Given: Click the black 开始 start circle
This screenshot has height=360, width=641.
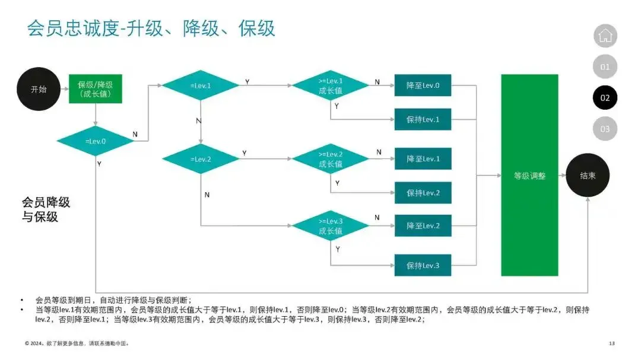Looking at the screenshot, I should pyautogui.click(x=39, y=89).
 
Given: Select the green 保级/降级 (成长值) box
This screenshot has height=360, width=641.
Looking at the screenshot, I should pyautogui.click(x=96, y=89).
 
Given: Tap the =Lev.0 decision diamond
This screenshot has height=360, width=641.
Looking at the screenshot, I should pyautogui.click(x=96, y=141).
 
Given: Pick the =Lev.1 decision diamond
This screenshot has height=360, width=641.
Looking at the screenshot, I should pyautogui.click(x=201, y=85).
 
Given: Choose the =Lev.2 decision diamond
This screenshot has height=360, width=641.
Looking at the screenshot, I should pyautogui.click(x=201, y=159).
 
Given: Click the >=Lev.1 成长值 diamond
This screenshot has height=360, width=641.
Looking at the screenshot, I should pyautogui.click(x=331, y=86).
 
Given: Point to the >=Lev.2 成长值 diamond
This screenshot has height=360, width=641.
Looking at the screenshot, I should pyautogui.click(x=331, y=159).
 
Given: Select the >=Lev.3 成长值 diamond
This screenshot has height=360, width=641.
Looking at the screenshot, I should pyautogui.click(x=331, y=226).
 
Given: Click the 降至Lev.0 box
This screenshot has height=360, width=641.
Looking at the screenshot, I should pyautogui.click(x=423, y=85).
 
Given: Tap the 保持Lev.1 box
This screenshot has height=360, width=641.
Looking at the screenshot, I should pyautogui.click(x=423, y=119).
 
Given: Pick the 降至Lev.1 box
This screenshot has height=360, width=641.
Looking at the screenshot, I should pyautogui.click(x=423, y=159).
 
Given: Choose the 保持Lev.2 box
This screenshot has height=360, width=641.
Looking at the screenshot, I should pyautogui.click(x=423, y=193).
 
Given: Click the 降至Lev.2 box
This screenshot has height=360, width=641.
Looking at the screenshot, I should pyautogui.click(x=423, y=226).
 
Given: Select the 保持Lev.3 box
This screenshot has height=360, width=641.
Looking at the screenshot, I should pyautogui.click(x=423, y=265).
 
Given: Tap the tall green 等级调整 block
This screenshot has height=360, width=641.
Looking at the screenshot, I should pyautogui.click(x=529, y=176).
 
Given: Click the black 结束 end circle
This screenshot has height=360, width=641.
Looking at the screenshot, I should pyautogui.click(x=588, y=176).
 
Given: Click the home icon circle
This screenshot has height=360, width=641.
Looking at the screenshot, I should pyautogui.click(x=605, y=36).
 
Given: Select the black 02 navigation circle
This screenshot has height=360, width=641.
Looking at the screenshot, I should pyautogui.click(x=605, y=98).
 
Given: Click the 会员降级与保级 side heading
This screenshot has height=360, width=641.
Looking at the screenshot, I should pyautogui.click(x=46, y=209).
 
